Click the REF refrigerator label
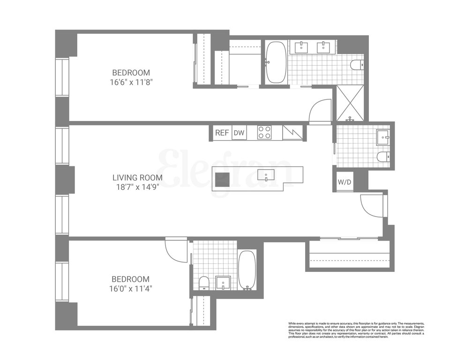point(222,133)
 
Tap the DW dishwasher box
point(239,133)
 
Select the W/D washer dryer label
point(345,182)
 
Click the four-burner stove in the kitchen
point(264,133)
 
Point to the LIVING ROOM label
point(137,178)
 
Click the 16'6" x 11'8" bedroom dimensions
point(131,82)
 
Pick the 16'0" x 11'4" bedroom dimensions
point(131,289)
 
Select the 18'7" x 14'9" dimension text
point(137,187)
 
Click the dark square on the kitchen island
point(223,180)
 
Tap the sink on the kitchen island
point(266,175)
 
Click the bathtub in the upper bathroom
point(276,62)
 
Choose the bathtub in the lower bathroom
point(247,270)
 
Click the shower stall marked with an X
point(350,103)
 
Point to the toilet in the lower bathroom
point(204,283)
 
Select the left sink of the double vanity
point(301,47)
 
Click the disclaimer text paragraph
point(356,330)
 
